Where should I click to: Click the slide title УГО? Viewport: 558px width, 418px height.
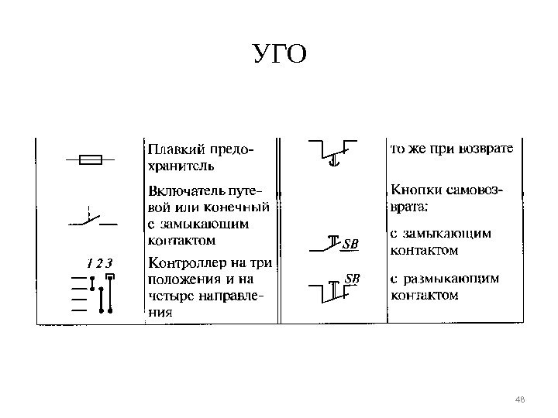coord(280,55)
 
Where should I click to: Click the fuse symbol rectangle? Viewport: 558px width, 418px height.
coord(92,161)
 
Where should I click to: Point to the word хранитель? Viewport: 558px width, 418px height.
coord(177,165)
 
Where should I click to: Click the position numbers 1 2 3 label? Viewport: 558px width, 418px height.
coord(100,262)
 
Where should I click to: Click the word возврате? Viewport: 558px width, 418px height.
coord(485,148)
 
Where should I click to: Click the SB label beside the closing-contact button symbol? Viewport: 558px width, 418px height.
coord(351,245)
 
